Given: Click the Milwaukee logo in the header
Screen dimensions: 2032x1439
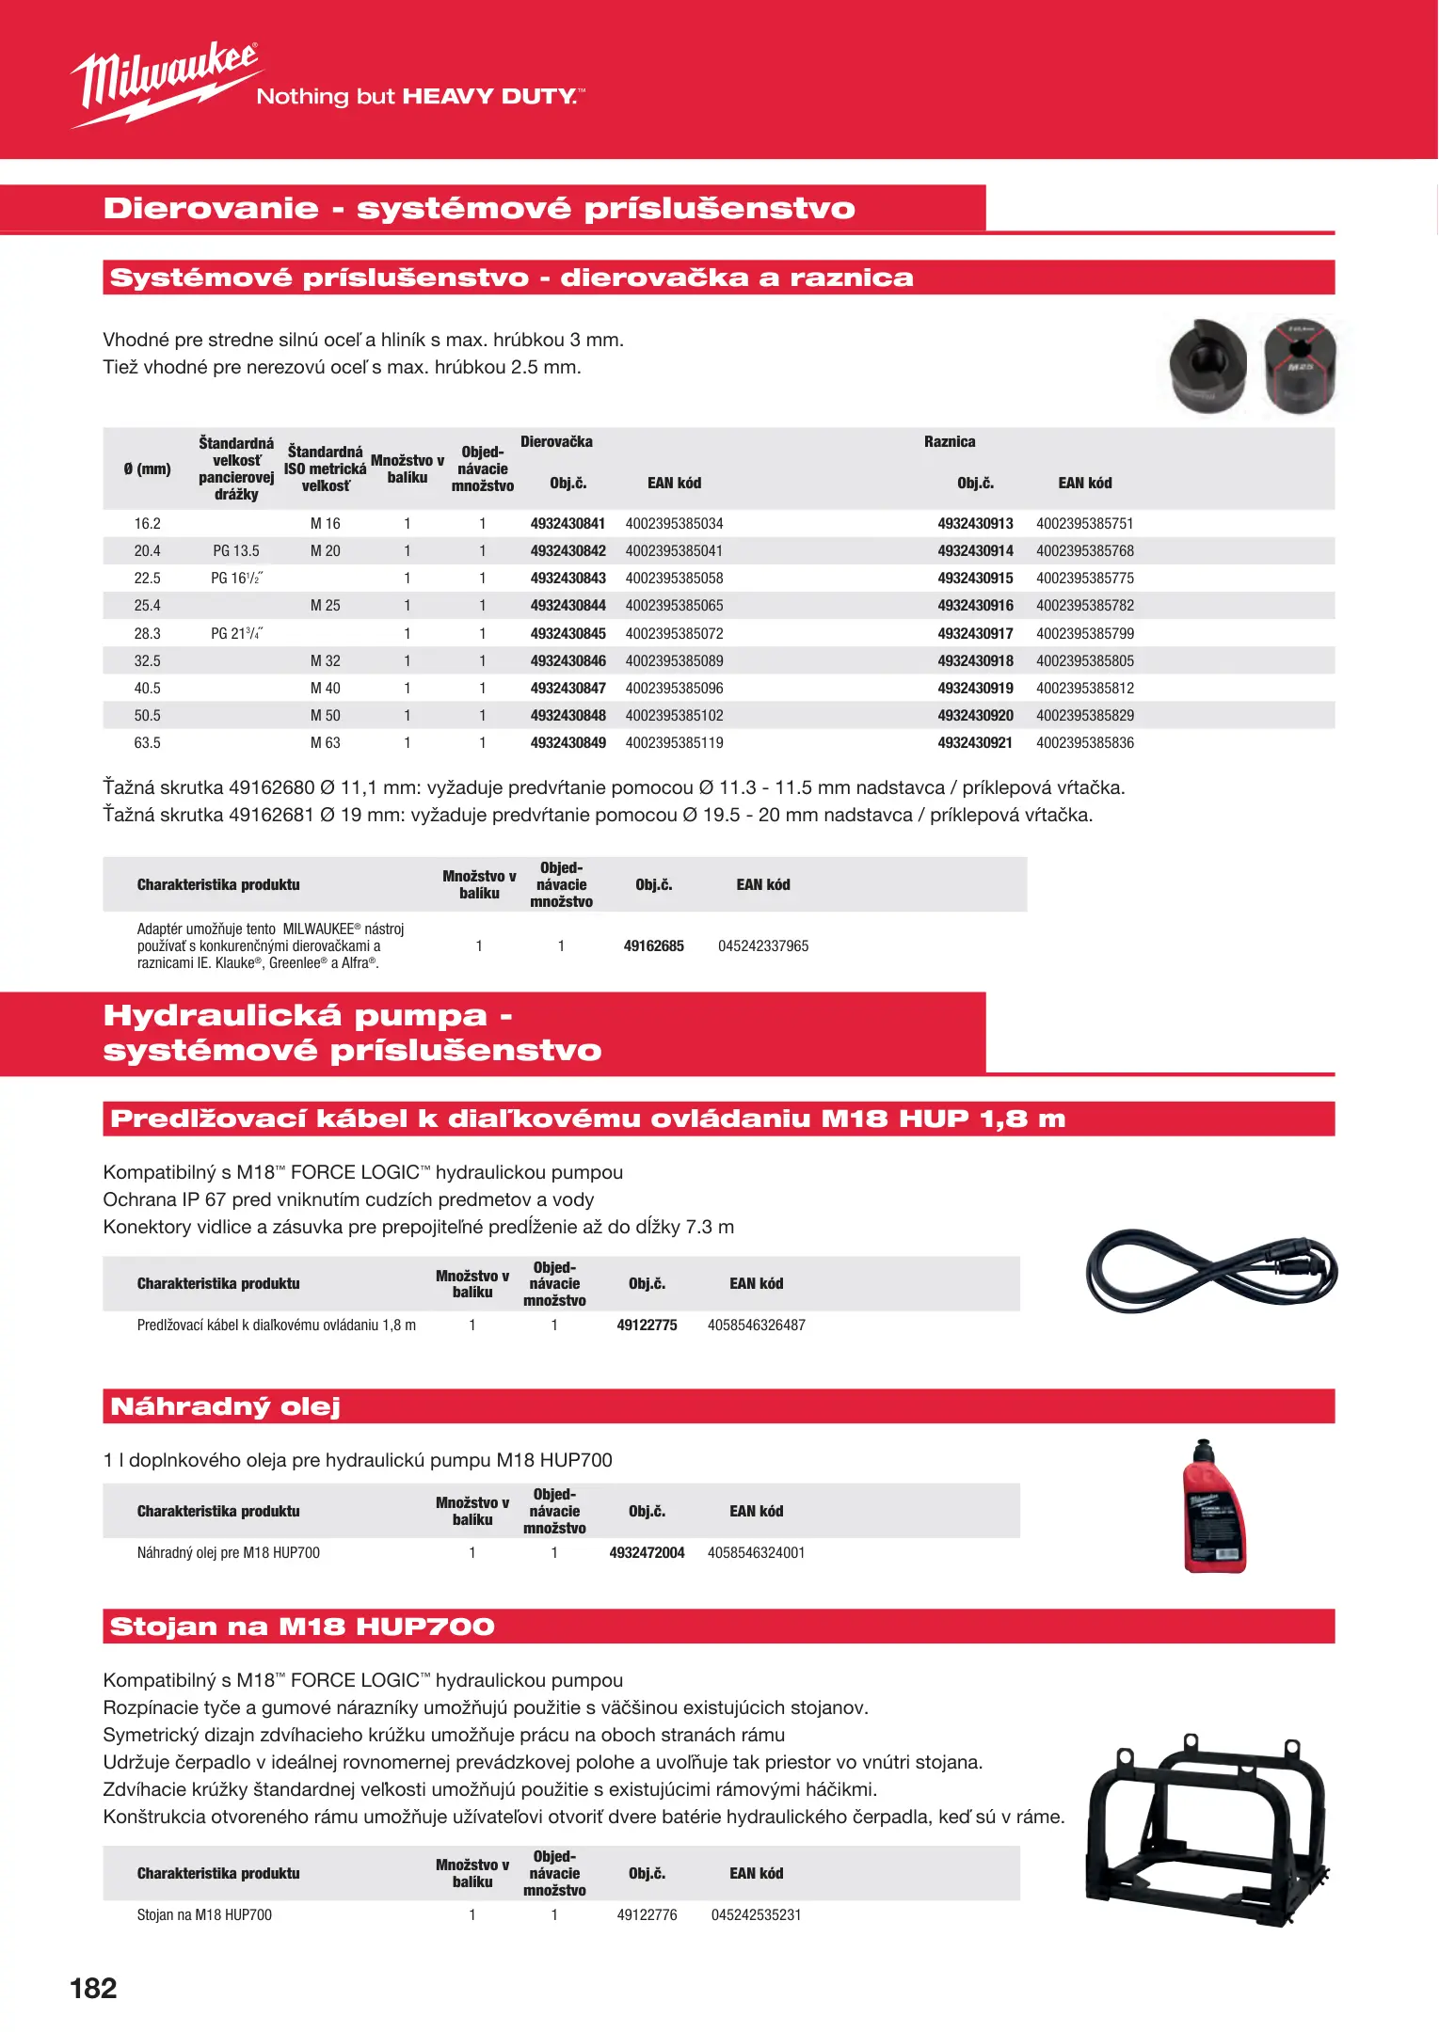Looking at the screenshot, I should point(165,83).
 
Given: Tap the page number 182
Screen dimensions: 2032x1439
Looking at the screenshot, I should point(93,1988).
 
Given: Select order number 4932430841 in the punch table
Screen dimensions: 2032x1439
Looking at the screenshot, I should point(568,524).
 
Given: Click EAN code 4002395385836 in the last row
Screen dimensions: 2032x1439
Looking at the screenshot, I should point(1084,743).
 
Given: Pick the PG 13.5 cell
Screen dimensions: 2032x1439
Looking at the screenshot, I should point(235,551).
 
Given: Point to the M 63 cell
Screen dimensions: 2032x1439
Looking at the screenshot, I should point(325,743).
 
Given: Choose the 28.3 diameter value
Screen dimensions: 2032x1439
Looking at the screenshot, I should point(147,634).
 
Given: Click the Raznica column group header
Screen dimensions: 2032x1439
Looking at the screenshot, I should point(949,442).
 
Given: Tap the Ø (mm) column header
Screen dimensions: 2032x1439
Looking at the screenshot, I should point(147,468).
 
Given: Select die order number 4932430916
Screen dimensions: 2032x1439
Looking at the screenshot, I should point(975,606).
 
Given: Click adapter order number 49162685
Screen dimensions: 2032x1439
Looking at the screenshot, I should point(653,946).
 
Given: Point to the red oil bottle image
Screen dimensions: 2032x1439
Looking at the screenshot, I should point(1213,1507).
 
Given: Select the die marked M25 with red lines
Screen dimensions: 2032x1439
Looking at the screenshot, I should point(1300,367).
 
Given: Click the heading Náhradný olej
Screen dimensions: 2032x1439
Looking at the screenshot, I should point(225,1406).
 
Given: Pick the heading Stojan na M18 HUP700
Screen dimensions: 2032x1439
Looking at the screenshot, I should point(302,1627).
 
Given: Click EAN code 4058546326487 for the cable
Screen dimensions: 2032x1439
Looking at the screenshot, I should point(756,1326).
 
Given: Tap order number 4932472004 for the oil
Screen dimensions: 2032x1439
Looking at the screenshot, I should point(647,1553).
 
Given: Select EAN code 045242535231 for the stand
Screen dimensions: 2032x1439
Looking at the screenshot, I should point(756,1915).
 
